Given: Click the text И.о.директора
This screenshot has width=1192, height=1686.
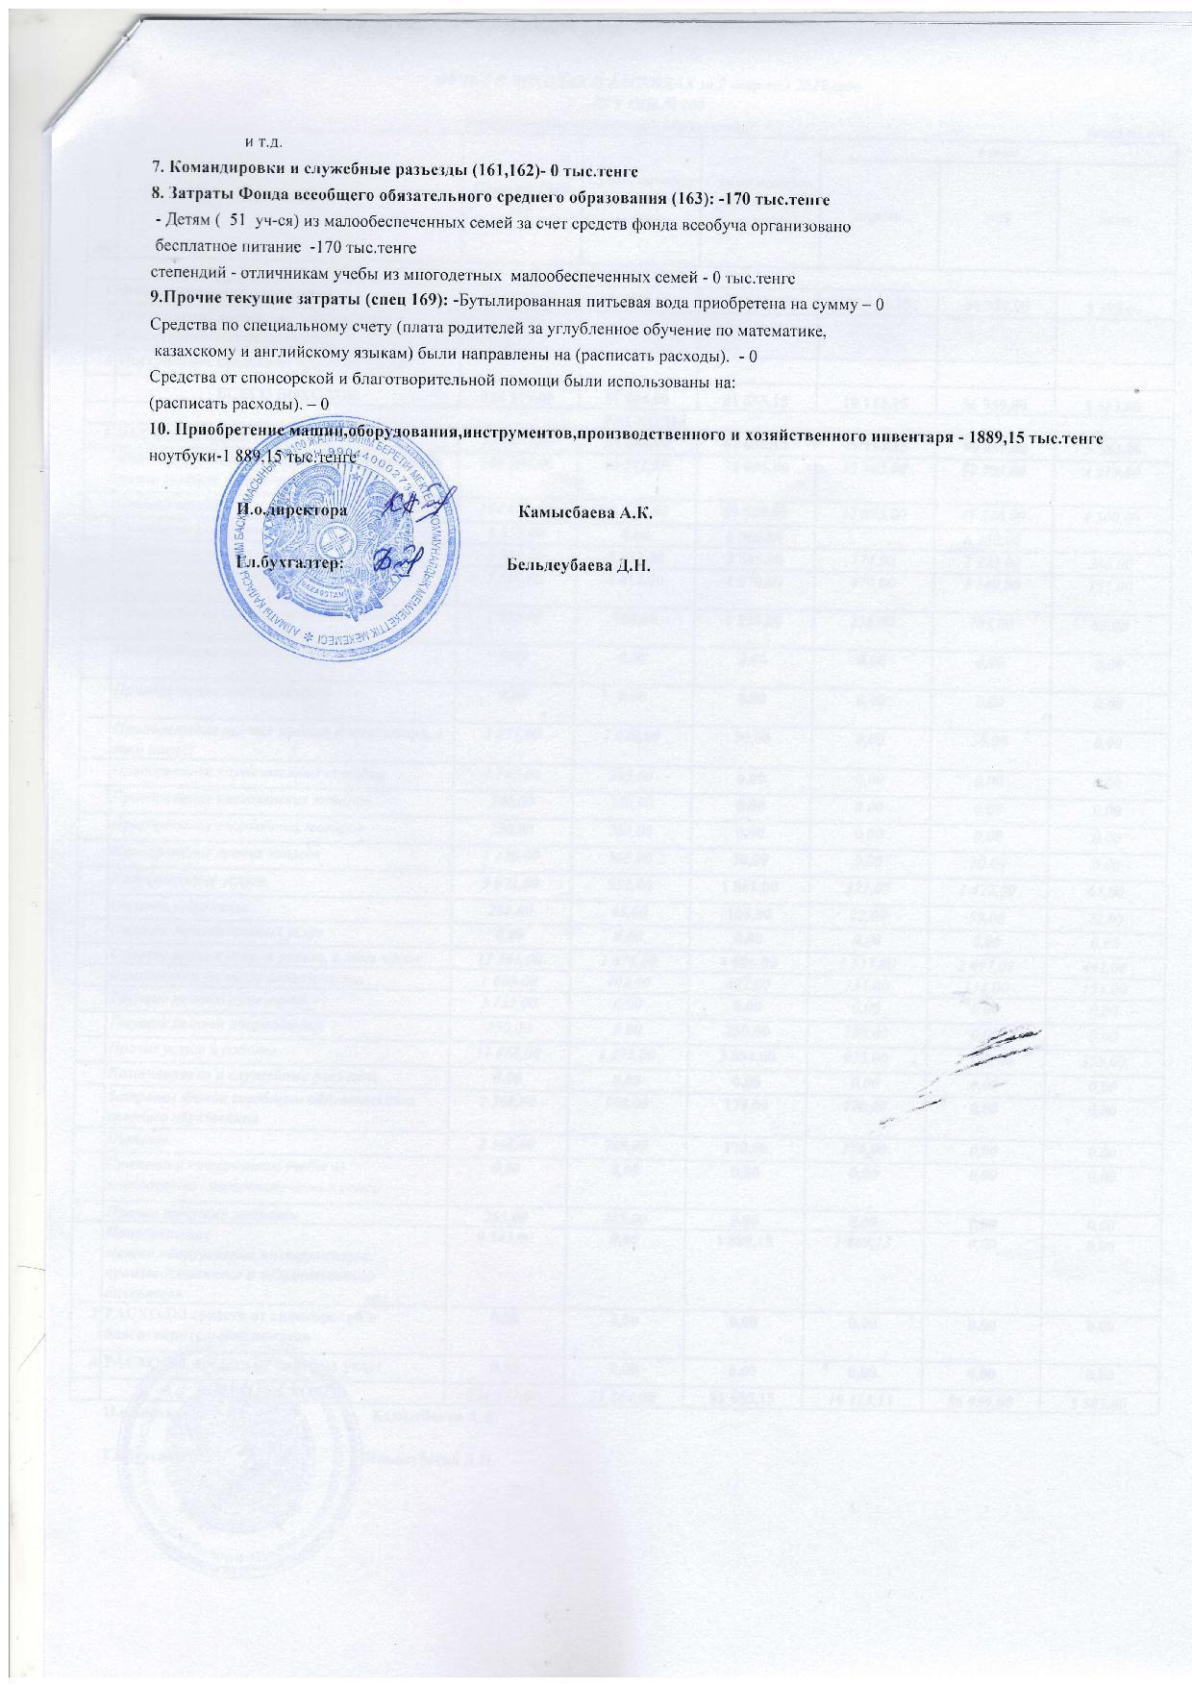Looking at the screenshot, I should coord(293,512).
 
